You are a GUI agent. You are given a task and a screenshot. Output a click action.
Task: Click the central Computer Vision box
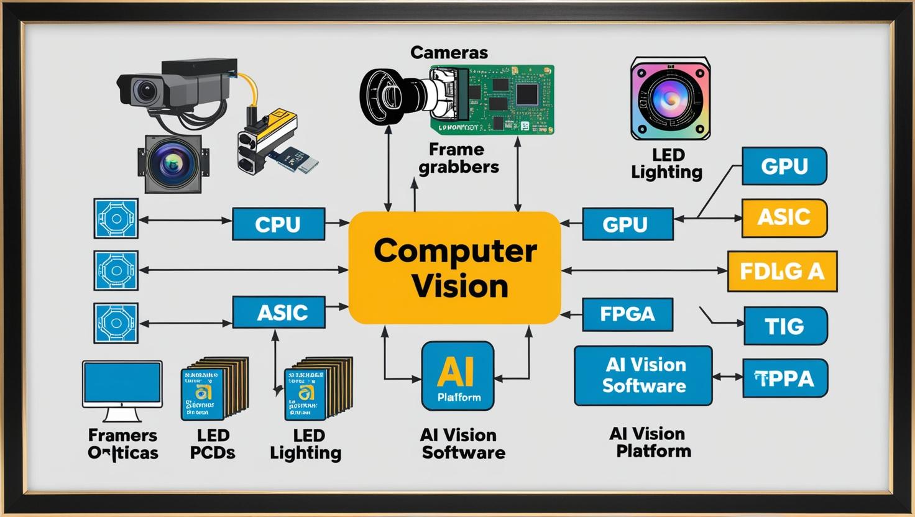454,268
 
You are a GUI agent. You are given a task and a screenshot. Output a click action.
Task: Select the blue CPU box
278,224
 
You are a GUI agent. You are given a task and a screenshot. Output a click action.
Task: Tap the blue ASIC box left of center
278,312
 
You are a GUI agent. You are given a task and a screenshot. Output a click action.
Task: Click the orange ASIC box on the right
784,218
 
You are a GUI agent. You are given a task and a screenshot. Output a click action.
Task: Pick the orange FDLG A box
782,272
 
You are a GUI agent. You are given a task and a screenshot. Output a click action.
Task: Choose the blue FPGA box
627,314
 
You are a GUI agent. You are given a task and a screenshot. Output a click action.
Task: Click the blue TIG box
785,326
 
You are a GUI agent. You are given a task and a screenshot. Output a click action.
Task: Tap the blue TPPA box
785,378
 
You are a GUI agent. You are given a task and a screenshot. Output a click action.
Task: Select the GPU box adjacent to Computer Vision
627,224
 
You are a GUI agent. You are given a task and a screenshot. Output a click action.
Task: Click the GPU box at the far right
784,166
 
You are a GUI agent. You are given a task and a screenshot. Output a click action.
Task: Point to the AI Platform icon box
457,376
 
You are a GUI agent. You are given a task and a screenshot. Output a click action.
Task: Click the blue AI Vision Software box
643,376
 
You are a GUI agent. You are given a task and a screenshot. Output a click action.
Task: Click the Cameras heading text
449,53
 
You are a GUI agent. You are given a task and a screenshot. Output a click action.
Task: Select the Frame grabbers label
458,158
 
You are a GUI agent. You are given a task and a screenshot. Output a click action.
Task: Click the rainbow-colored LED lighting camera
670,98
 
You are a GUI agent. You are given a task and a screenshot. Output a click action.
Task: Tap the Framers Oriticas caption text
122,444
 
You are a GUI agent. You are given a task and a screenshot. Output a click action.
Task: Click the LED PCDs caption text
213,444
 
